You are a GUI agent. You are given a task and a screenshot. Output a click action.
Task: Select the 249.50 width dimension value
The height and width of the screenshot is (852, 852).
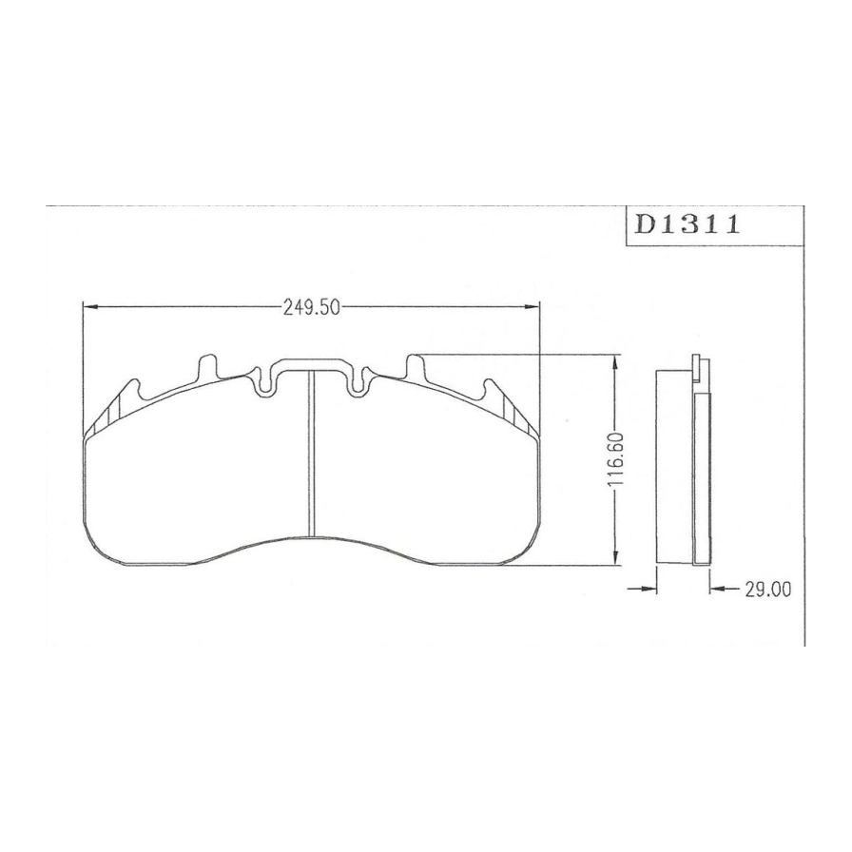(311, 308)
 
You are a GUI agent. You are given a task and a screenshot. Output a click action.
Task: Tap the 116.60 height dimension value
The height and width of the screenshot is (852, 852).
(615, 459)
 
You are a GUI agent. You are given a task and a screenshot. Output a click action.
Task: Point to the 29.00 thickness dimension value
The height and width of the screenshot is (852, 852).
(767, 590)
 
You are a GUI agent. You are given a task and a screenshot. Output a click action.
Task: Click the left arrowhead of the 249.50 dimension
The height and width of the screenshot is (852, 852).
(89, 307)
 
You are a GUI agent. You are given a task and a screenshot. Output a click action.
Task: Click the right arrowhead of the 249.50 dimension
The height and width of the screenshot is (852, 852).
(532, 307)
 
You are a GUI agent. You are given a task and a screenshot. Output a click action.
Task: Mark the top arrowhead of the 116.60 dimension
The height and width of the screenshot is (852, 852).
(615, 362)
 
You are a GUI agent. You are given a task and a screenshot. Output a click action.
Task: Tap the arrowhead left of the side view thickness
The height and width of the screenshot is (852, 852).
(649, 589)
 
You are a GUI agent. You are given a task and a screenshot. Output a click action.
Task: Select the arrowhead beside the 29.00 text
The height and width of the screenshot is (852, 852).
(717, 589)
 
